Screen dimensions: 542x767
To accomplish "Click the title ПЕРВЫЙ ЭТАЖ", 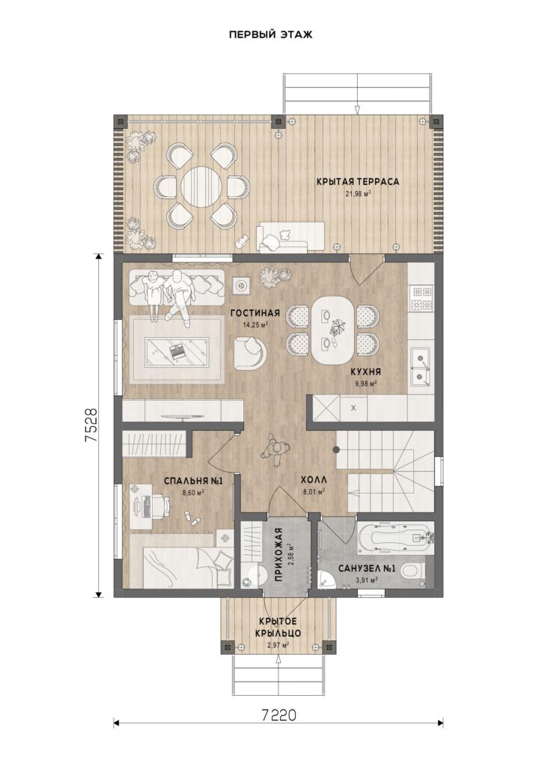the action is tap(270, 34).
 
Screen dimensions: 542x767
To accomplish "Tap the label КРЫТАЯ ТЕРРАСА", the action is tap(358, 182).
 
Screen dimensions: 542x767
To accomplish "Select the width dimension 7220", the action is tap(278, 715).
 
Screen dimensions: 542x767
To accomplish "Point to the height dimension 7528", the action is tap(92, 425).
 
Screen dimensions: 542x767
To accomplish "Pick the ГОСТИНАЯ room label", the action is tap(255, 314).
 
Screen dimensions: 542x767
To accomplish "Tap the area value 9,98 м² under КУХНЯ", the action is tap(365, 384).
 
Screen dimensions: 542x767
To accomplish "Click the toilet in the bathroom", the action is tap(415, 571).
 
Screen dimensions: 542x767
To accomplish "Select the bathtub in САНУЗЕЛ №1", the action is tap(395, 539).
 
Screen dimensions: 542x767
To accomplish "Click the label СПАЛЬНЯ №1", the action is tap(194, 481).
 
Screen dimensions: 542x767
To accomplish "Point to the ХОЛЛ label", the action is tap(314, 480).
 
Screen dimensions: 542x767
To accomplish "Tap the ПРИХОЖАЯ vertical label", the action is tap(279, 554).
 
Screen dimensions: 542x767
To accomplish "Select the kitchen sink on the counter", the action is tap(420, 366).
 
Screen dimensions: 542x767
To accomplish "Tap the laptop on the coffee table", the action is tap(176, 351).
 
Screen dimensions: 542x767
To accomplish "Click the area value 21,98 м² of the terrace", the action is tap(358, 194).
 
